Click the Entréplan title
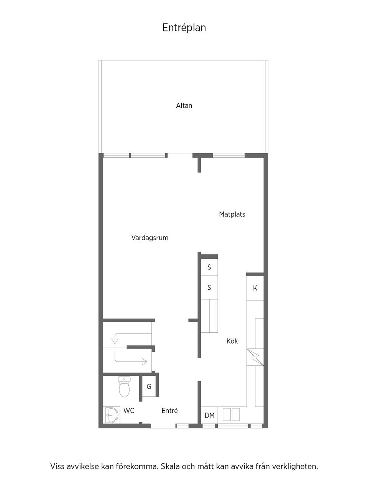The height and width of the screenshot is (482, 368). tap(184, 28)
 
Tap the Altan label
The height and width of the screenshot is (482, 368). tap(184, 106)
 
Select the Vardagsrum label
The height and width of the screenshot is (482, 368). tap(150, 238)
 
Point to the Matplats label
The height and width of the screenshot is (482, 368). tap(232, 214)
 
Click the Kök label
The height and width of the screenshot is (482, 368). tap(232, 341)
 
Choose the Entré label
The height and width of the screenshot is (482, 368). tap(169, 411)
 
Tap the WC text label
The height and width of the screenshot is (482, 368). tap(129, 411)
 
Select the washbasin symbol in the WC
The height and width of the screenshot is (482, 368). tap(112, 415)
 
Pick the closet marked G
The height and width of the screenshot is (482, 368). tap(149, 386)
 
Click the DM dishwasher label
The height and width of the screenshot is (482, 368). tap(210, 416)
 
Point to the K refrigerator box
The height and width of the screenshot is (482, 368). tap(255, 288)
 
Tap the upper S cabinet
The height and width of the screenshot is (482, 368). tap(209, 267)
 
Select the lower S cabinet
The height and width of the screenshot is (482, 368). tap(209, 287)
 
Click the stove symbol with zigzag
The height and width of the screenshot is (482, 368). tap(255, 357)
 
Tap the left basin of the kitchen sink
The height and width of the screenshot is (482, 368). tap(227, 414)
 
